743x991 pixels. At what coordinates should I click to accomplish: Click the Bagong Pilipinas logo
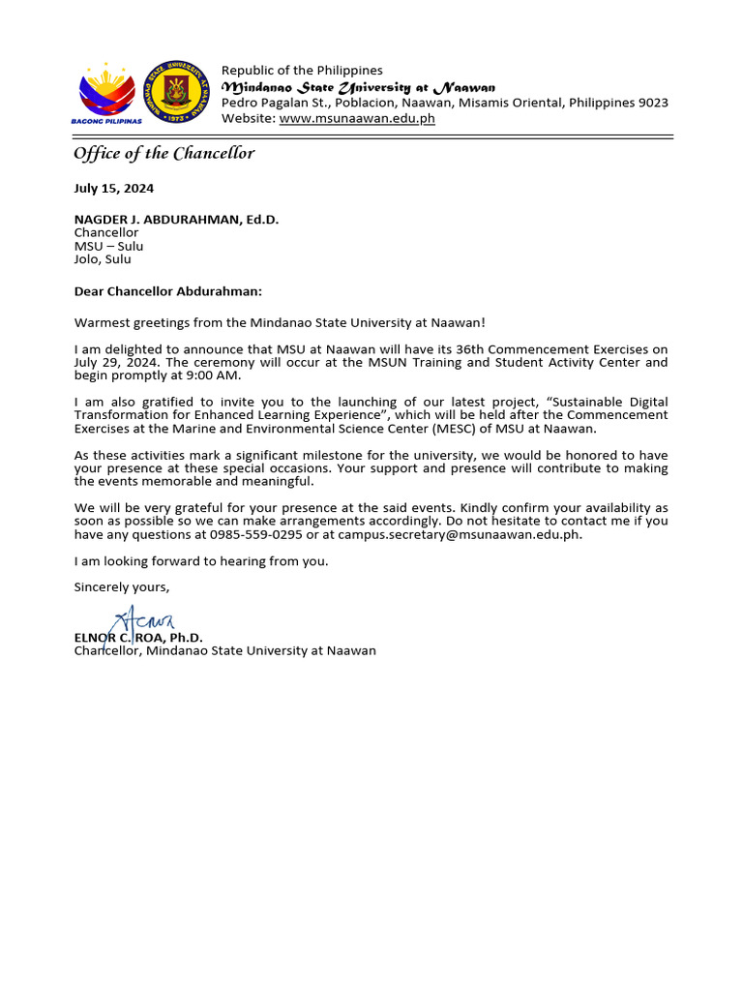point(106,93)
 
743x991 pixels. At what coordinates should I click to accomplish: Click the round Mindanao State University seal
point(174,92)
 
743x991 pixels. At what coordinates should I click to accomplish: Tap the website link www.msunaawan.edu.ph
point(357,118)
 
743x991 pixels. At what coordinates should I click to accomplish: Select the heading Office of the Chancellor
point(163,153)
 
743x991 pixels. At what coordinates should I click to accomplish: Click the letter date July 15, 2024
point(113,189)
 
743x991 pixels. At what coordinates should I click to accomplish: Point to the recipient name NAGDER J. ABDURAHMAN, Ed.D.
point(176,220)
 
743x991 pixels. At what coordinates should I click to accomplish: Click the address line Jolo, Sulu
point(103,259)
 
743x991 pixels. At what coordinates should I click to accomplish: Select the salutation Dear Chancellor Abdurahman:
point(167,291)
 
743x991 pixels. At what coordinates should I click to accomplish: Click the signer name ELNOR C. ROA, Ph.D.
point(138,638)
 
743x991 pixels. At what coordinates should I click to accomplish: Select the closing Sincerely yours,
point(122,586)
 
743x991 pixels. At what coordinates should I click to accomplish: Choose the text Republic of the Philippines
point(302,71)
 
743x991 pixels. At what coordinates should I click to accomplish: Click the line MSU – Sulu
point(108,246)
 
